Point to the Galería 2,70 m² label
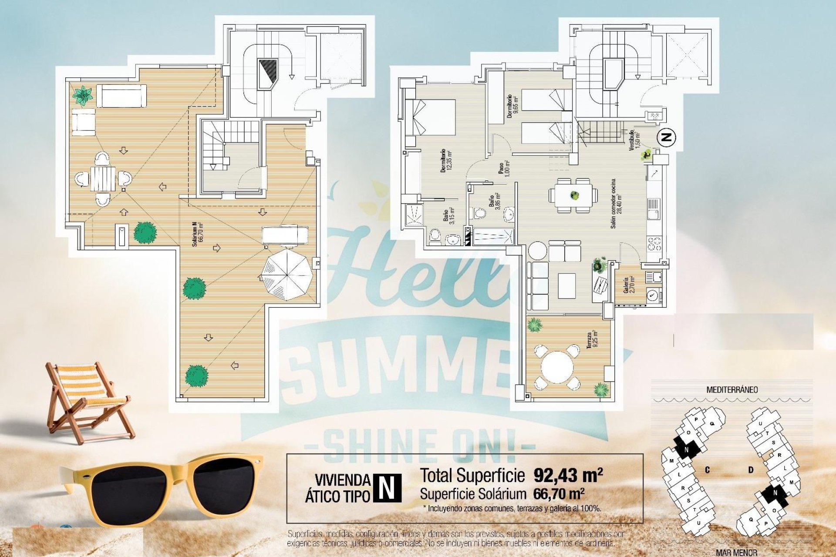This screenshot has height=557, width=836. tap(628, 285)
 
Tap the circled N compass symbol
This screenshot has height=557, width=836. tap(666, 138)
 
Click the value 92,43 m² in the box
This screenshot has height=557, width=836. tap(568, 475)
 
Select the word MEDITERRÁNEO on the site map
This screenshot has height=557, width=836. tap(731, 390)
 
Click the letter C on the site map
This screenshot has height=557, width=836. tap(708, 470)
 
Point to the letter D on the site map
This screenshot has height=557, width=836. tap(751, 470)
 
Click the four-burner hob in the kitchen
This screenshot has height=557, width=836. tap(654, 244)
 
